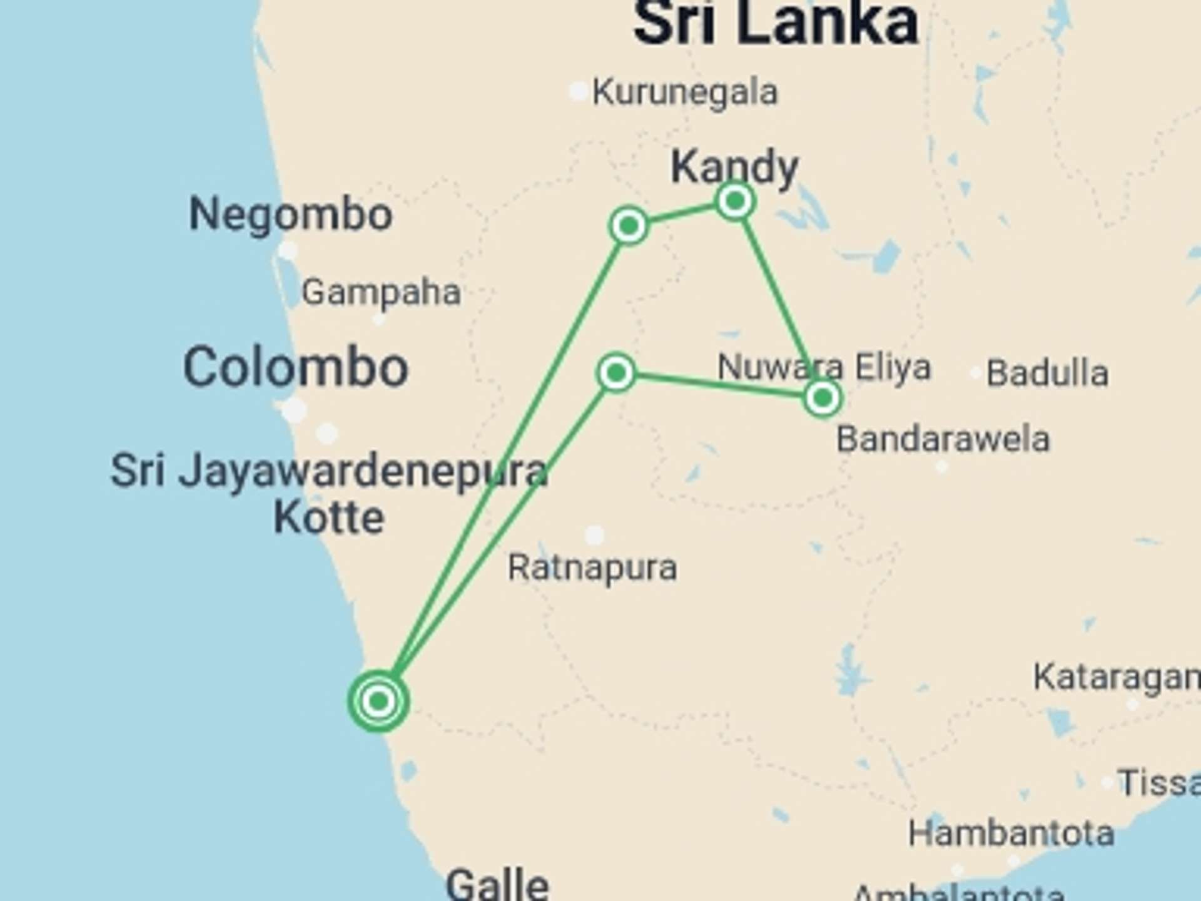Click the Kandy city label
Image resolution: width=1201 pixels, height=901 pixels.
point(734,166)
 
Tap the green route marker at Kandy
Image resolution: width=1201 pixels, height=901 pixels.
point(735,201)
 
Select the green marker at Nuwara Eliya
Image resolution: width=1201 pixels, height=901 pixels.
point(823,397)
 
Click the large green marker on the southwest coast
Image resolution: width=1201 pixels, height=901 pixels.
point(378,701)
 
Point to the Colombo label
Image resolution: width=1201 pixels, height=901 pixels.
point(295,367)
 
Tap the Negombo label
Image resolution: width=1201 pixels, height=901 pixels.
point(291,215)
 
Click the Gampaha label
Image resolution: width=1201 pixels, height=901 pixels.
point(381,292)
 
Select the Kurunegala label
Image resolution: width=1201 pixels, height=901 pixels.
point(685,93)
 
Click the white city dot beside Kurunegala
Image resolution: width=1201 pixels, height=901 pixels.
point(578,91)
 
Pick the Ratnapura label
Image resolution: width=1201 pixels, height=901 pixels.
point(592,568)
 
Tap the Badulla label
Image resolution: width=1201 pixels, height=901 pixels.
point(1047,374)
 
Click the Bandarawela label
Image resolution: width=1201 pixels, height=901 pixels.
point(943,439)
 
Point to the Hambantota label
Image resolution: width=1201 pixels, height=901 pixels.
point(1011,833)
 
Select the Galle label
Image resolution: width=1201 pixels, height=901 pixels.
point(497,883)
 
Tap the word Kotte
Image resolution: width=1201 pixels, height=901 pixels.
point(329,517)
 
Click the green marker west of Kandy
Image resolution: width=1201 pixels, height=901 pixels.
point(629,225)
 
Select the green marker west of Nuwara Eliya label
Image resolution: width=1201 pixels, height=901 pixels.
point(616,373)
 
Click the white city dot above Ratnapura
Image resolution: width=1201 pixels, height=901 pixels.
point(594,535)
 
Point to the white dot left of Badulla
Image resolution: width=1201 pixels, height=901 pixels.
point(975,374)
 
